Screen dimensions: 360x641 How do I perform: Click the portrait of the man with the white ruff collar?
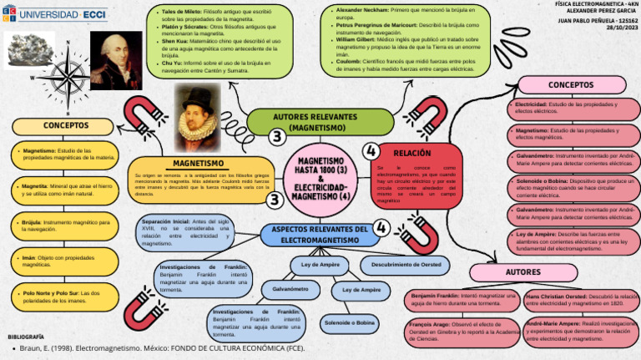tap(199, 111)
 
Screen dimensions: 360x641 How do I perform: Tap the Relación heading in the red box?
tap(412, 153)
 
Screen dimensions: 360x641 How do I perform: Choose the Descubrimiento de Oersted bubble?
tap(406, 265)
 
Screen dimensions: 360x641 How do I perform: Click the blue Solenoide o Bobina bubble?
tap(349, 322)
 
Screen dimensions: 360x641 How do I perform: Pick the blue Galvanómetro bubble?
tap(290, 289)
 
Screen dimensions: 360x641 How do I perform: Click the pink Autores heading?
tap(523, 272)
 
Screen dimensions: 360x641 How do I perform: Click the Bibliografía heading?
tap(26, 335)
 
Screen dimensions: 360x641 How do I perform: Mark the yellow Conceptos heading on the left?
tap(63, 126)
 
